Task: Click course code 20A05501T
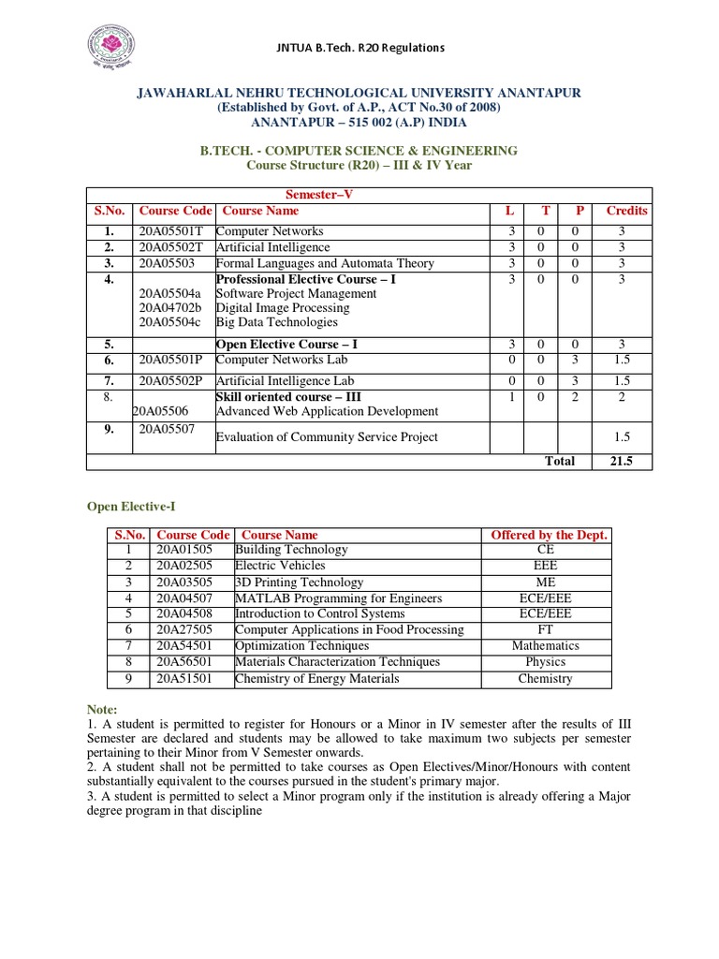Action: (x=171, y=231)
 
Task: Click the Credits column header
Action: (x=626, y=211)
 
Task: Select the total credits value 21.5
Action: (x=622, y=461)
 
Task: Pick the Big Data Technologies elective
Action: (x=276, y=322)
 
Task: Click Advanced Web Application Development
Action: (x=327, y=411)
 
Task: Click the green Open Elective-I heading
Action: (x=131, y=507)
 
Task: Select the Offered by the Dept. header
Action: (x=550, y=535)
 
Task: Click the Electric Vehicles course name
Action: (x=280, y=566)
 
